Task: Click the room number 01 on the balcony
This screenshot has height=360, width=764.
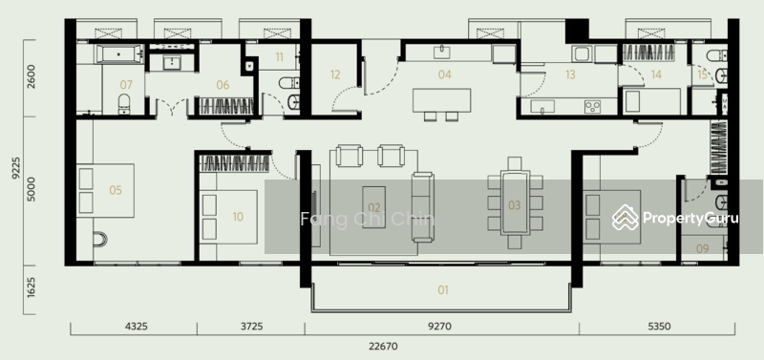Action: coord(442,289)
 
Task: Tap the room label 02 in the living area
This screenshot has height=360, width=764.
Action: coord(374,207)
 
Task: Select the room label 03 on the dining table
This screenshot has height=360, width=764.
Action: coord(514,205)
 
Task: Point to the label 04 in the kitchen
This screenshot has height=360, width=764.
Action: coord(444,74)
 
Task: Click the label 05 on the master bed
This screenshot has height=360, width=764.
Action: coord(116,190)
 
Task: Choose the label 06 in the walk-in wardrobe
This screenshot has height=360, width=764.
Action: coord(223,85)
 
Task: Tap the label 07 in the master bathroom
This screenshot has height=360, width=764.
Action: coord(126,85)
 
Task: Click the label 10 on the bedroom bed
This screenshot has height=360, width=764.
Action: coord(237,217)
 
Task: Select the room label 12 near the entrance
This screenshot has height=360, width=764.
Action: coord(335,74)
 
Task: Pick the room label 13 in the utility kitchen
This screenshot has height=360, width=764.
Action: coord(570,74)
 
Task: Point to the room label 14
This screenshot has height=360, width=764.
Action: coord(656,74)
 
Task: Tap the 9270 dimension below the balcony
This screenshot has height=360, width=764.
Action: coord(441,327)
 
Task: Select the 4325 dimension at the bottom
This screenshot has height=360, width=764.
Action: coord(135,327)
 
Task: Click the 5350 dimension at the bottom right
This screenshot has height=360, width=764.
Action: coord(658,327)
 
